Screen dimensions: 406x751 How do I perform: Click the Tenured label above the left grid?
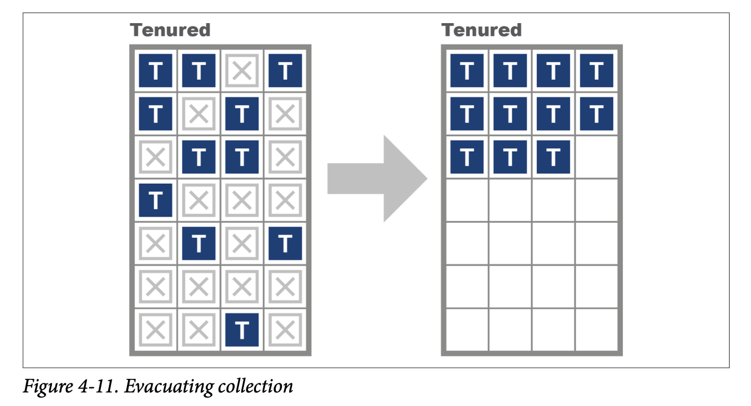[x=170, y=29]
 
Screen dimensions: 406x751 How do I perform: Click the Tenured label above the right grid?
[x=481, y=29]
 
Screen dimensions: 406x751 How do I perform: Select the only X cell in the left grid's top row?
[x=242, y=70]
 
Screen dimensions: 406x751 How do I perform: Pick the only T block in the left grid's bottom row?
[x=242, y=330]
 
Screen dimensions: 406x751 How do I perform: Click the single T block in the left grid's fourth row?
[x=156, y=200]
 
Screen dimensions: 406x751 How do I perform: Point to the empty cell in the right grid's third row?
[x=596, y=157]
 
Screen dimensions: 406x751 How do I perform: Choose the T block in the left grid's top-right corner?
[x=285, y=70]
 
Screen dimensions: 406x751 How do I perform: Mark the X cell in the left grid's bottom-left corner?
[x=156, y=330]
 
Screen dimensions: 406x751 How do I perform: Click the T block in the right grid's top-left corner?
[x=467, y=70]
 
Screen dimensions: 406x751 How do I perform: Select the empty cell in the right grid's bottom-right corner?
[x=596, y=330]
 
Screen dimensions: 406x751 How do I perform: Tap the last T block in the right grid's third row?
[x=553, y=157]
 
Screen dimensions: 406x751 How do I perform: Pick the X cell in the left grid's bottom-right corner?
[x=285, y=330]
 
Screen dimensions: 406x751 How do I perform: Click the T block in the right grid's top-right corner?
[x=596, y=70]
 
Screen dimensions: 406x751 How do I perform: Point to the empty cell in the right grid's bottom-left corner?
[x=467, y=330]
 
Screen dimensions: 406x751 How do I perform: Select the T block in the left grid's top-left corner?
[x=156, y=70]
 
